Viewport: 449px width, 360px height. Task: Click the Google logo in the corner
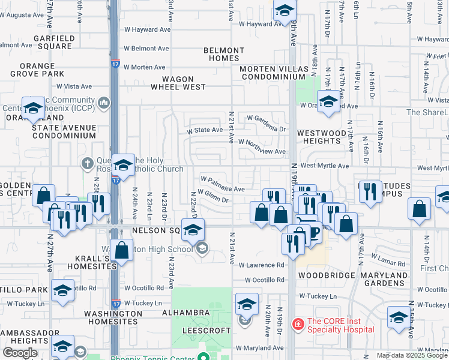point(20,352)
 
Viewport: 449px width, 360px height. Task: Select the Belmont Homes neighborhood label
point(223,55)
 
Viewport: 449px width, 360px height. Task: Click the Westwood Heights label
point(322,137)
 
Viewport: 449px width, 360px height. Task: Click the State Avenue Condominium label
point(64,131)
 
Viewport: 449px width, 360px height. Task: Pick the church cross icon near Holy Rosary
point(88,163)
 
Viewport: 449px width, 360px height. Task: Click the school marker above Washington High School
point(193,230)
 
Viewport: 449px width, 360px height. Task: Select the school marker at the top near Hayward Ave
point(285,10)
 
